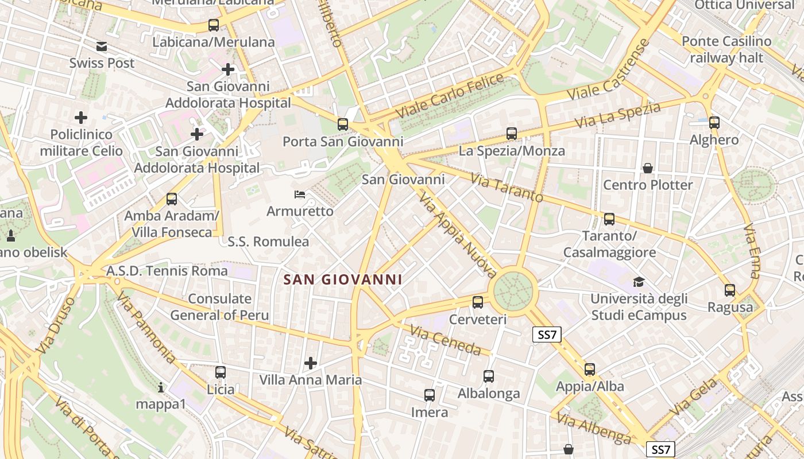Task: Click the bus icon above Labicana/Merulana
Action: [x=214, y=25]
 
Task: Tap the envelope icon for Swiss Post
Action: [x=102, y=46]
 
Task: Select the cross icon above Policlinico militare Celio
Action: [x=81, y=118]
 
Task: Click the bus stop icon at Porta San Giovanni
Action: [x=343, y=124]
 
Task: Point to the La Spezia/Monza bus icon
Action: [x=512, y=134]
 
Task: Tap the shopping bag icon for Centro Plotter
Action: [x=648, y=168]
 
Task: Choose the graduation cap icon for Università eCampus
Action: [x=639, y=282]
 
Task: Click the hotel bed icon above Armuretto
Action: [x=300, y=195]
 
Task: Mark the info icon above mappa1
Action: [x=161, y=388]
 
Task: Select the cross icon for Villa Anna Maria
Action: [x=311, y=363]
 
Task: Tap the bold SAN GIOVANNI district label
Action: [x=342, y=280]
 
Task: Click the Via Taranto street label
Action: [x=507, y=188]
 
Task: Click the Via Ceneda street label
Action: [x=445, y=340]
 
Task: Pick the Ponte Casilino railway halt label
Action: [x=726, y=49]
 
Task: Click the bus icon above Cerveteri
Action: [x=478, y=302]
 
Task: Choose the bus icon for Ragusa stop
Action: [x=730, y=290]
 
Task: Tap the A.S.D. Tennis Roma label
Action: [x=167, y=270]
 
